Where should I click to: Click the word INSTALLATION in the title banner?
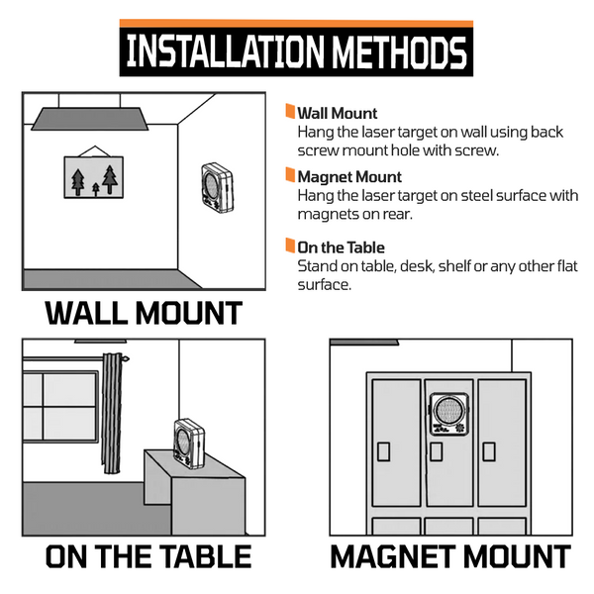pyautogui.click(x=225, y=51)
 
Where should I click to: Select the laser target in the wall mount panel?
pyautogui.click(x=217, y=187)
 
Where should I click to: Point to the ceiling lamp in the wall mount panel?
pyautogui.click(x=90, y=119)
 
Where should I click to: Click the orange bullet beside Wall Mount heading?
pyautogui.click(x=290, y=111)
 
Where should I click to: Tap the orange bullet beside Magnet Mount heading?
pyautogui.click(x=290, y=175)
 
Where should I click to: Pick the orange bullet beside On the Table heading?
pyautogui.click(x=290, y=246)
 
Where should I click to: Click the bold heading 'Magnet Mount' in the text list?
pyautogui.click(x=349, y=177)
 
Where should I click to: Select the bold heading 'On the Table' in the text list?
pyautogui.click(x=341, y=247)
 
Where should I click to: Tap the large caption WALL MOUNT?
pyautogui.click(x=144, y=313)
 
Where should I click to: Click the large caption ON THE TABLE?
pyautogui.click(x=148, y=556)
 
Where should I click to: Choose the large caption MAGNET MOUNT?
pyautogui.click(x=450, y=556)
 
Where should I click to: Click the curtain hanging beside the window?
pyautogui.click(x=113, y=413)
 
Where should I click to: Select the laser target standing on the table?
pyautogui.click(x=189, y=443)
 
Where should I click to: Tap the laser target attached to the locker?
pyautogui.click(x=449, y=414)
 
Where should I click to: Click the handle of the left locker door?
pyautogui.click(x=384, y=451)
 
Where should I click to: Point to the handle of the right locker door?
pyautogui.click(x=489, y=451)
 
